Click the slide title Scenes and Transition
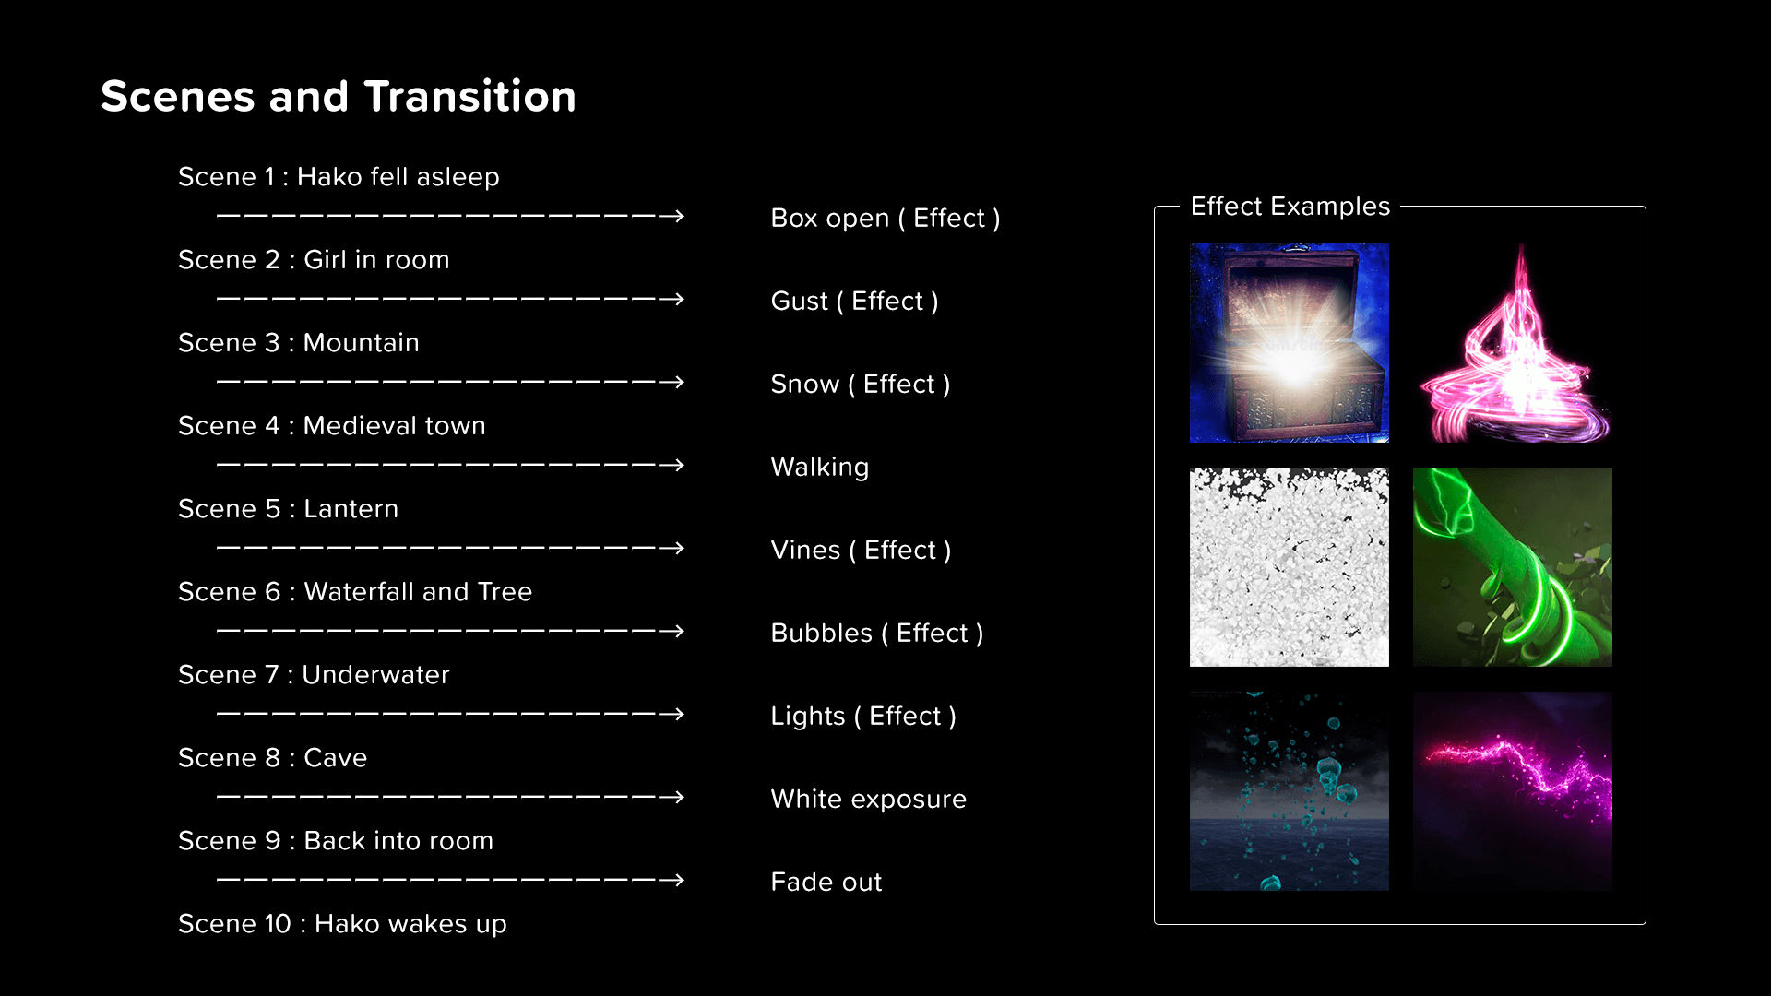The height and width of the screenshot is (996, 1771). [x=339, y=97]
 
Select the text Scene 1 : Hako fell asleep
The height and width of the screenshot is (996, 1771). [x=339, y=176]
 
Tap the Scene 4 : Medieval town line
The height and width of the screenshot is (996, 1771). [x=332, y=425]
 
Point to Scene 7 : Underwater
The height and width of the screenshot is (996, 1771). [x=314, y=674]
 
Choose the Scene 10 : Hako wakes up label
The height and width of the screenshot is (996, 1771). [x=342, y=924]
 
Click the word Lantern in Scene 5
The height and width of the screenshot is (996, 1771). [x=351, y=508]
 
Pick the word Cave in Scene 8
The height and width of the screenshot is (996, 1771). [x=336, y=757]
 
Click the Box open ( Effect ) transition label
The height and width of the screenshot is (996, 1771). [x=885, y=219]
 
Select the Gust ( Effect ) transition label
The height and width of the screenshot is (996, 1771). [x=855, y=302]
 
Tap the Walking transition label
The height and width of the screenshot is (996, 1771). [x=820, y=468]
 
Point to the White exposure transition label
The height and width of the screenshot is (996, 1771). [x=869, y=800]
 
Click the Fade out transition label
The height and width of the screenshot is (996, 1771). [x=826, y=882]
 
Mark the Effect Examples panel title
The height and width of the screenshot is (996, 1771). [x=1290, y=207]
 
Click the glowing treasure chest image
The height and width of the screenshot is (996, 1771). [x=1290, y=343]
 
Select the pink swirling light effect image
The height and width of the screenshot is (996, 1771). [x=1513, y=343]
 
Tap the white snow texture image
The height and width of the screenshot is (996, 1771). [x=1290, y=567]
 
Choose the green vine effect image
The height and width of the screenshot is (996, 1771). [x=1513, y=567]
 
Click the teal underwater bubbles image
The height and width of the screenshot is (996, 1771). [x=1290, y=791]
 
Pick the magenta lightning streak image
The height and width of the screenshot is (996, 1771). [x=1513, y=791]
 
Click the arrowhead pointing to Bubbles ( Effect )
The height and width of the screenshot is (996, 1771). [x=677, y=632]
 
